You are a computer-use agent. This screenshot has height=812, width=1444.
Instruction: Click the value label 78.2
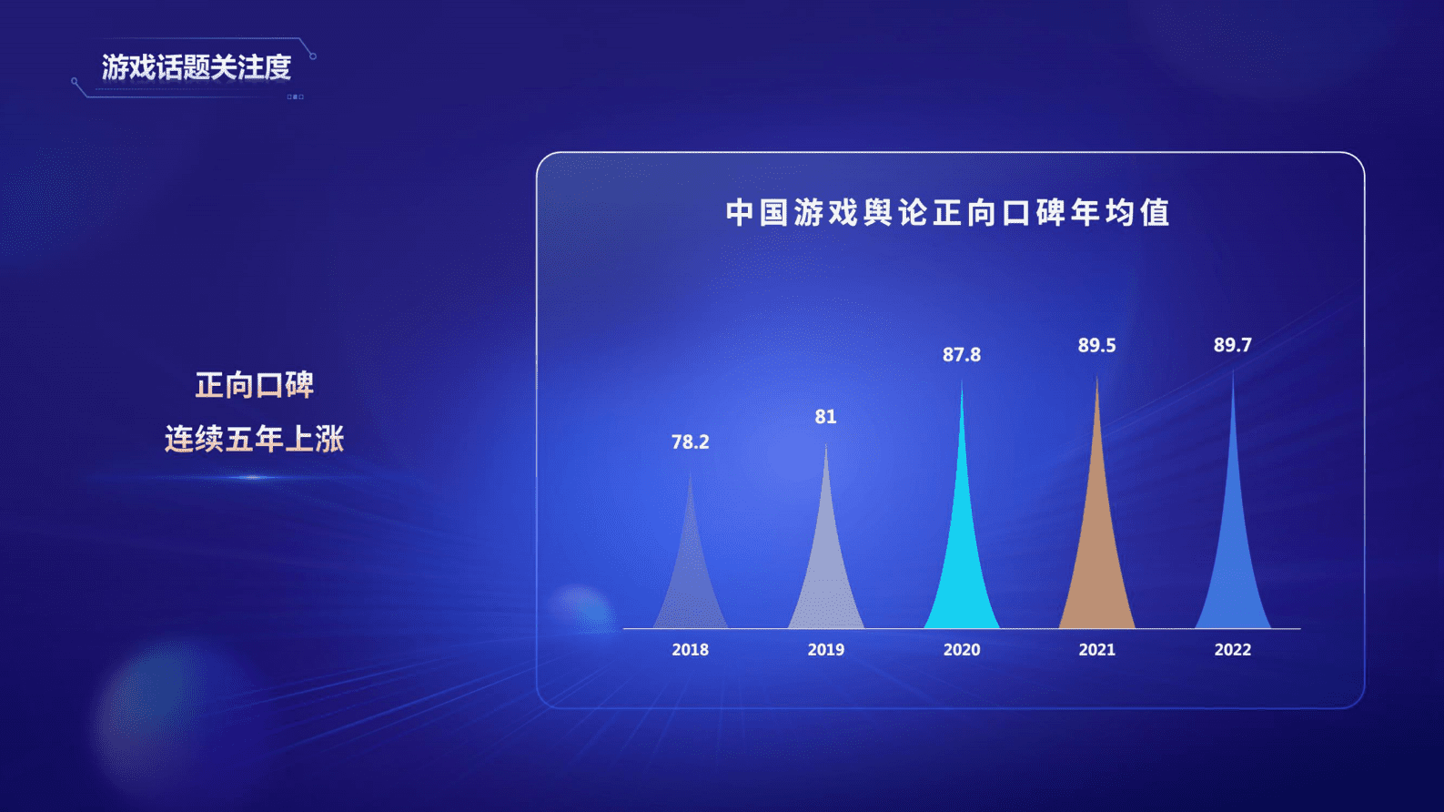point(691,442)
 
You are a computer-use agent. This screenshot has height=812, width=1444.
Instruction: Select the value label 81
point(825,417)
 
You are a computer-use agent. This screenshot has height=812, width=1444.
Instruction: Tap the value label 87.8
point(962,355)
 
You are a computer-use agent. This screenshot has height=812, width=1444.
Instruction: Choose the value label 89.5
point(1096,346)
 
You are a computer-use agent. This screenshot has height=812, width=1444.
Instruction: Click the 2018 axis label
point(691,650)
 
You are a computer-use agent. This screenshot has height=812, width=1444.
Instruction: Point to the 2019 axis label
point(826,650)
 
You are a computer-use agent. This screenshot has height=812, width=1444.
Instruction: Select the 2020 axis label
point(962,650)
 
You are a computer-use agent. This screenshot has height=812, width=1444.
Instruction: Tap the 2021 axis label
point(1097,650)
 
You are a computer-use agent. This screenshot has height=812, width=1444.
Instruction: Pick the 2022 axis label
point(1233,650)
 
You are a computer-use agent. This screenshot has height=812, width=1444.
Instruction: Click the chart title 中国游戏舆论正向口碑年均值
point(948,213)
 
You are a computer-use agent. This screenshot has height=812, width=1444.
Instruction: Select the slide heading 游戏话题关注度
point(197,67)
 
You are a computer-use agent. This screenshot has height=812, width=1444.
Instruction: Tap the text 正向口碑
point(255,385)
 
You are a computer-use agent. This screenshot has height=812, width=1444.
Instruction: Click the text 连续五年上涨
point(255,440)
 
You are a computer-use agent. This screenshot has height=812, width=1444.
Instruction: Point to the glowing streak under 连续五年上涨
point(253,477)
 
